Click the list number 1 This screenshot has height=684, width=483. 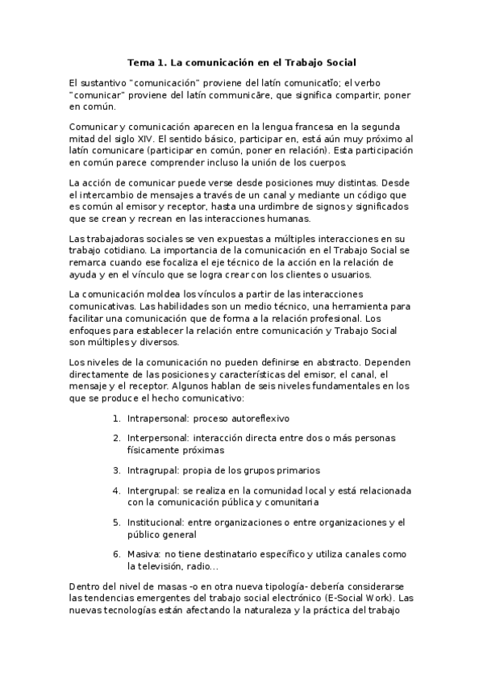[116, 419]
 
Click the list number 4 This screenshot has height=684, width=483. [116, 490]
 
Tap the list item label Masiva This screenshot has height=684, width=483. [143, 555]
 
